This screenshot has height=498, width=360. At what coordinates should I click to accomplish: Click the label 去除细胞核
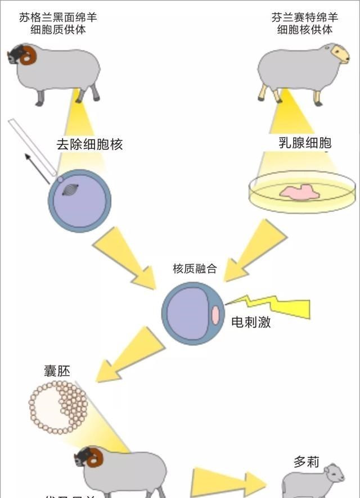pyautogui.click(x=89, y=144)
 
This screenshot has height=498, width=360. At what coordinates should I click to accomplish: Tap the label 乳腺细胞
pyautogui.click(x=305, y=143)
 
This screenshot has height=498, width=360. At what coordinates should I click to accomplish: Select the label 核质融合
pyautogui.click(x=194, y=269)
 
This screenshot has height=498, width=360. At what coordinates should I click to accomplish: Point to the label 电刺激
pyautogui.click(x=251, y=323)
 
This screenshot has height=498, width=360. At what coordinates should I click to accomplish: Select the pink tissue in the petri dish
pyautogui.click(x=300, y=192)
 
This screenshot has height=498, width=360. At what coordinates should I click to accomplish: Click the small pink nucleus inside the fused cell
pyautogui.click(x=215, y=315)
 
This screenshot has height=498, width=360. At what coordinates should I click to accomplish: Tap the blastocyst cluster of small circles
pyautogui.click(x=58, y=407)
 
